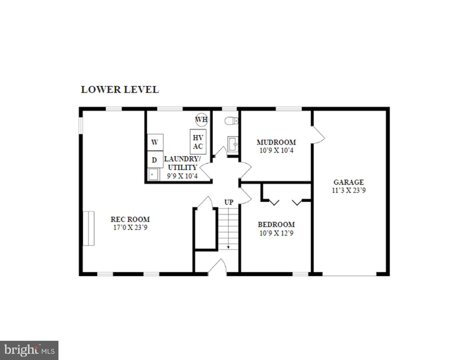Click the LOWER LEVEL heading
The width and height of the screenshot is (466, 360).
(x=120, y=90)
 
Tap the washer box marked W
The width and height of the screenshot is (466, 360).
(x=155, y=142)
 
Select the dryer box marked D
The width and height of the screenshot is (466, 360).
(x=155, y=160)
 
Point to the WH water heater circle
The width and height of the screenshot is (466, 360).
(x=201, y=120)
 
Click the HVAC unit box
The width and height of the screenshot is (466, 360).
(x=198, y=142)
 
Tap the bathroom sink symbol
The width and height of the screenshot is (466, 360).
(x=233, y=144)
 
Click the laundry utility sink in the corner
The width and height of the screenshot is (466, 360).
(x=153, y=174)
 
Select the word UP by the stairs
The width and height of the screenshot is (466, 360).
(x=228, y=202)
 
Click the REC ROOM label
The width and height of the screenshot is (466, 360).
(x=130, y=219)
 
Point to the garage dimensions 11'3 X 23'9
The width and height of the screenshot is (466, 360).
(x=349, y=190)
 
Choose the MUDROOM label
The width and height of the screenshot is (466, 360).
(x=276, y=142)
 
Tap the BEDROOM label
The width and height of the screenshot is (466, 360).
(x=276, y=224)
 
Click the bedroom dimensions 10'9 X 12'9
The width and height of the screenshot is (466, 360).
(x=276, y=233)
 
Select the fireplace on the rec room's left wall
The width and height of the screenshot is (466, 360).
(x=89, y=228)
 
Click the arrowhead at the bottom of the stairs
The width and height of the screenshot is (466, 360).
(x=228, y=247)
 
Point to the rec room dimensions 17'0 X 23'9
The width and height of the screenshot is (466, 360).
(x=130, y=228)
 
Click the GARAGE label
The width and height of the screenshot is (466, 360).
(x=349, y=182)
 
